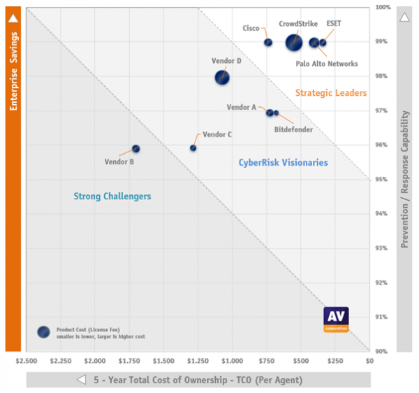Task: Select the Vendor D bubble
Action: (x=222, y=78)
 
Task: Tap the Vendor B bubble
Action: (x=136, y=149)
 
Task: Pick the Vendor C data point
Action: (x=193, y=148)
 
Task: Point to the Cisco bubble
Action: (x=268, y=43)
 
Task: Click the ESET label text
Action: (x=334, y=24)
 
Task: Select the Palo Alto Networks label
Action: (x=326, y=64)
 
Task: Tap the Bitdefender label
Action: (x=293, y=129)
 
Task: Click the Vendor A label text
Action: (x=242, y=108)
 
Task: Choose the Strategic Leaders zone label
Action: (x=321, y=93)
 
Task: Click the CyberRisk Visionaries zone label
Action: (x=283, y=163)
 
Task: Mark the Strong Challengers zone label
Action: (x=112, y=196)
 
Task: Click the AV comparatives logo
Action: (x=336, y=319)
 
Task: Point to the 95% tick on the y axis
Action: (x=381, y=180)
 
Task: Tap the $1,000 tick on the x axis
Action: (x=232, y=362)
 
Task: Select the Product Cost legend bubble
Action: (x=43, y=331)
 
